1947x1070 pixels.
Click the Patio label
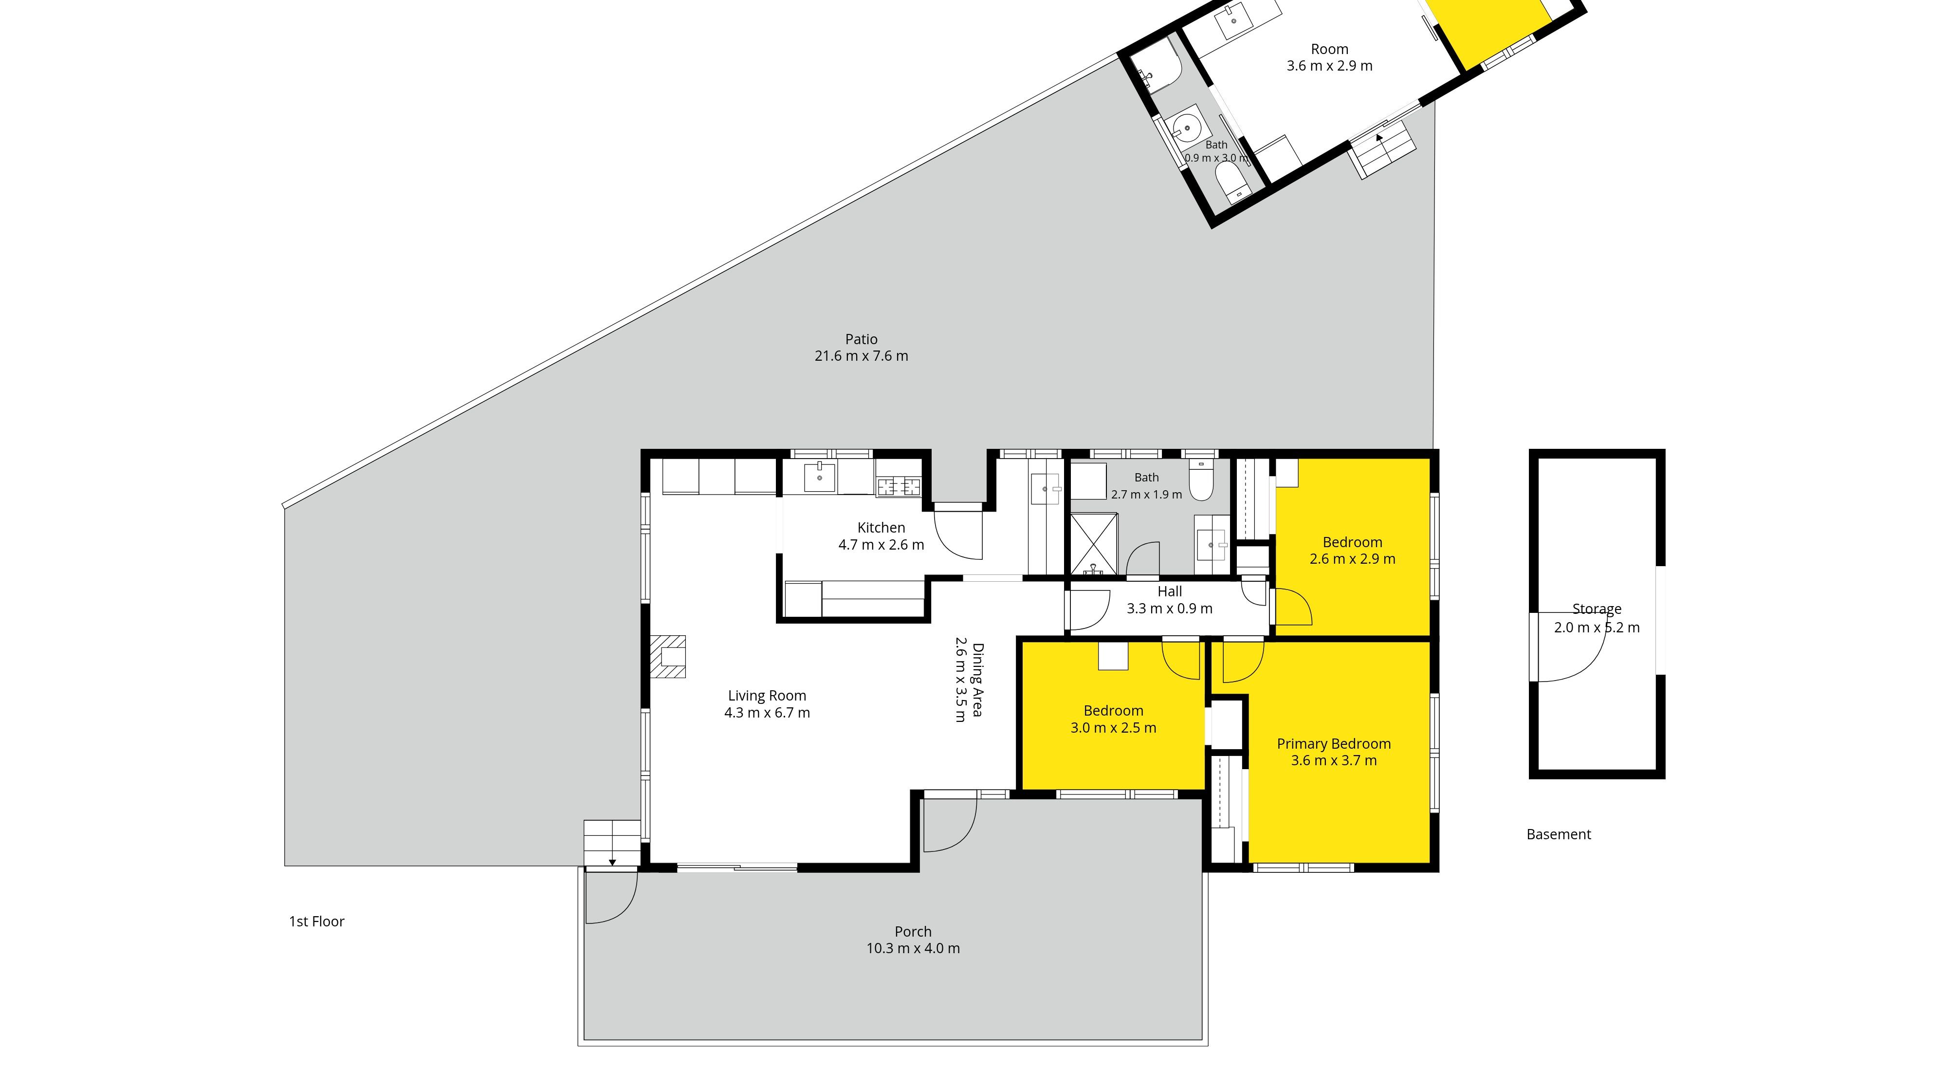(861, 339)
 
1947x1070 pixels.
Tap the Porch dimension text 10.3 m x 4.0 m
(913, 948)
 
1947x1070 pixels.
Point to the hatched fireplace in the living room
(668, 657)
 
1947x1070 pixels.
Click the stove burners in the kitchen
(899, 487)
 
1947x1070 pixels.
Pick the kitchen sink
(819, 477)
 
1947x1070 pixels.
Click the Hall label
(1169, 591)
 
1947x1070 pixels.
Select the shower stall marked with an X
(1093, 543)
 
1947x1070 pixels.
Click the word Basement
(1559, 834)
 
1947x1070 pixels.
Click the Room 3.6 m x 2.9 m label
(1329, 57)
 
